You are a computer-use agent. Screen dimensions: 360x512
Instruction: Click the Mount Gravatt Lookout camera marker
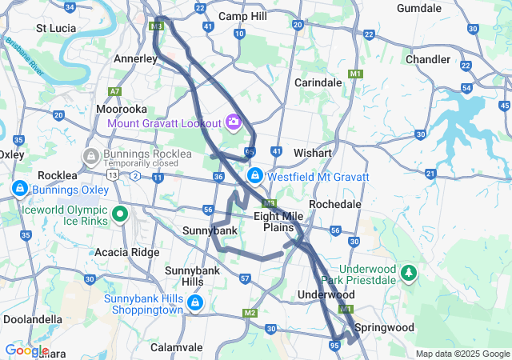pyautogui.click(x=234, y=122)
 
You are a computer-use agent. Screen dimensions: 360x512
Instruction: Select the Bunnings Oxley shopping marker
pyautogui.click(x=18, y=189)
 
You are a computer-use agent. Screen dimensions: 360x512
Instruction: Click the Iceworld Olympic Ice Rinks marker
pyautogui.click(x=120, y=214)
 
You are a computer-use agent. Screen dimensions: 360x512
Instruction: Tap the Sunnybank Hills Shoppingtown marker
pyautogui.click(x=195, y=303)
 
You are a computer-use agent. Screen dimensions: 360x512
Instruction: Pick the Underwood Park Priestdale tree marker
pyautogui.click(x=409, y=274)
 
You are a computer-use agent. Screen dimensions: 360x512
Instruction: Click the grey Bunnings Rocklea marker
pyautogui.click(x=90, y=153)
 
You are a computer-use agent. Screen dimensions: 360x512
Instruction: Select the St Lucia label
pyautogui.click(x=56, y=28)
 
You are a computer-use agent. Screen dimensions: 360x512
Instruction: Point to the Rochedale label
pyautogui.click(x=335, y=205)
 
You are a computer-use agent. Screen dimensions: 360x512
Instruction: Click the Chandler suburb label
pyautogui.click(x=428, y=59)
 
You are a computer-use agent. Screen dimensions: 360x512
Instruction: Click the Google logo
pyautogui.click(x=26, y=350)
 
